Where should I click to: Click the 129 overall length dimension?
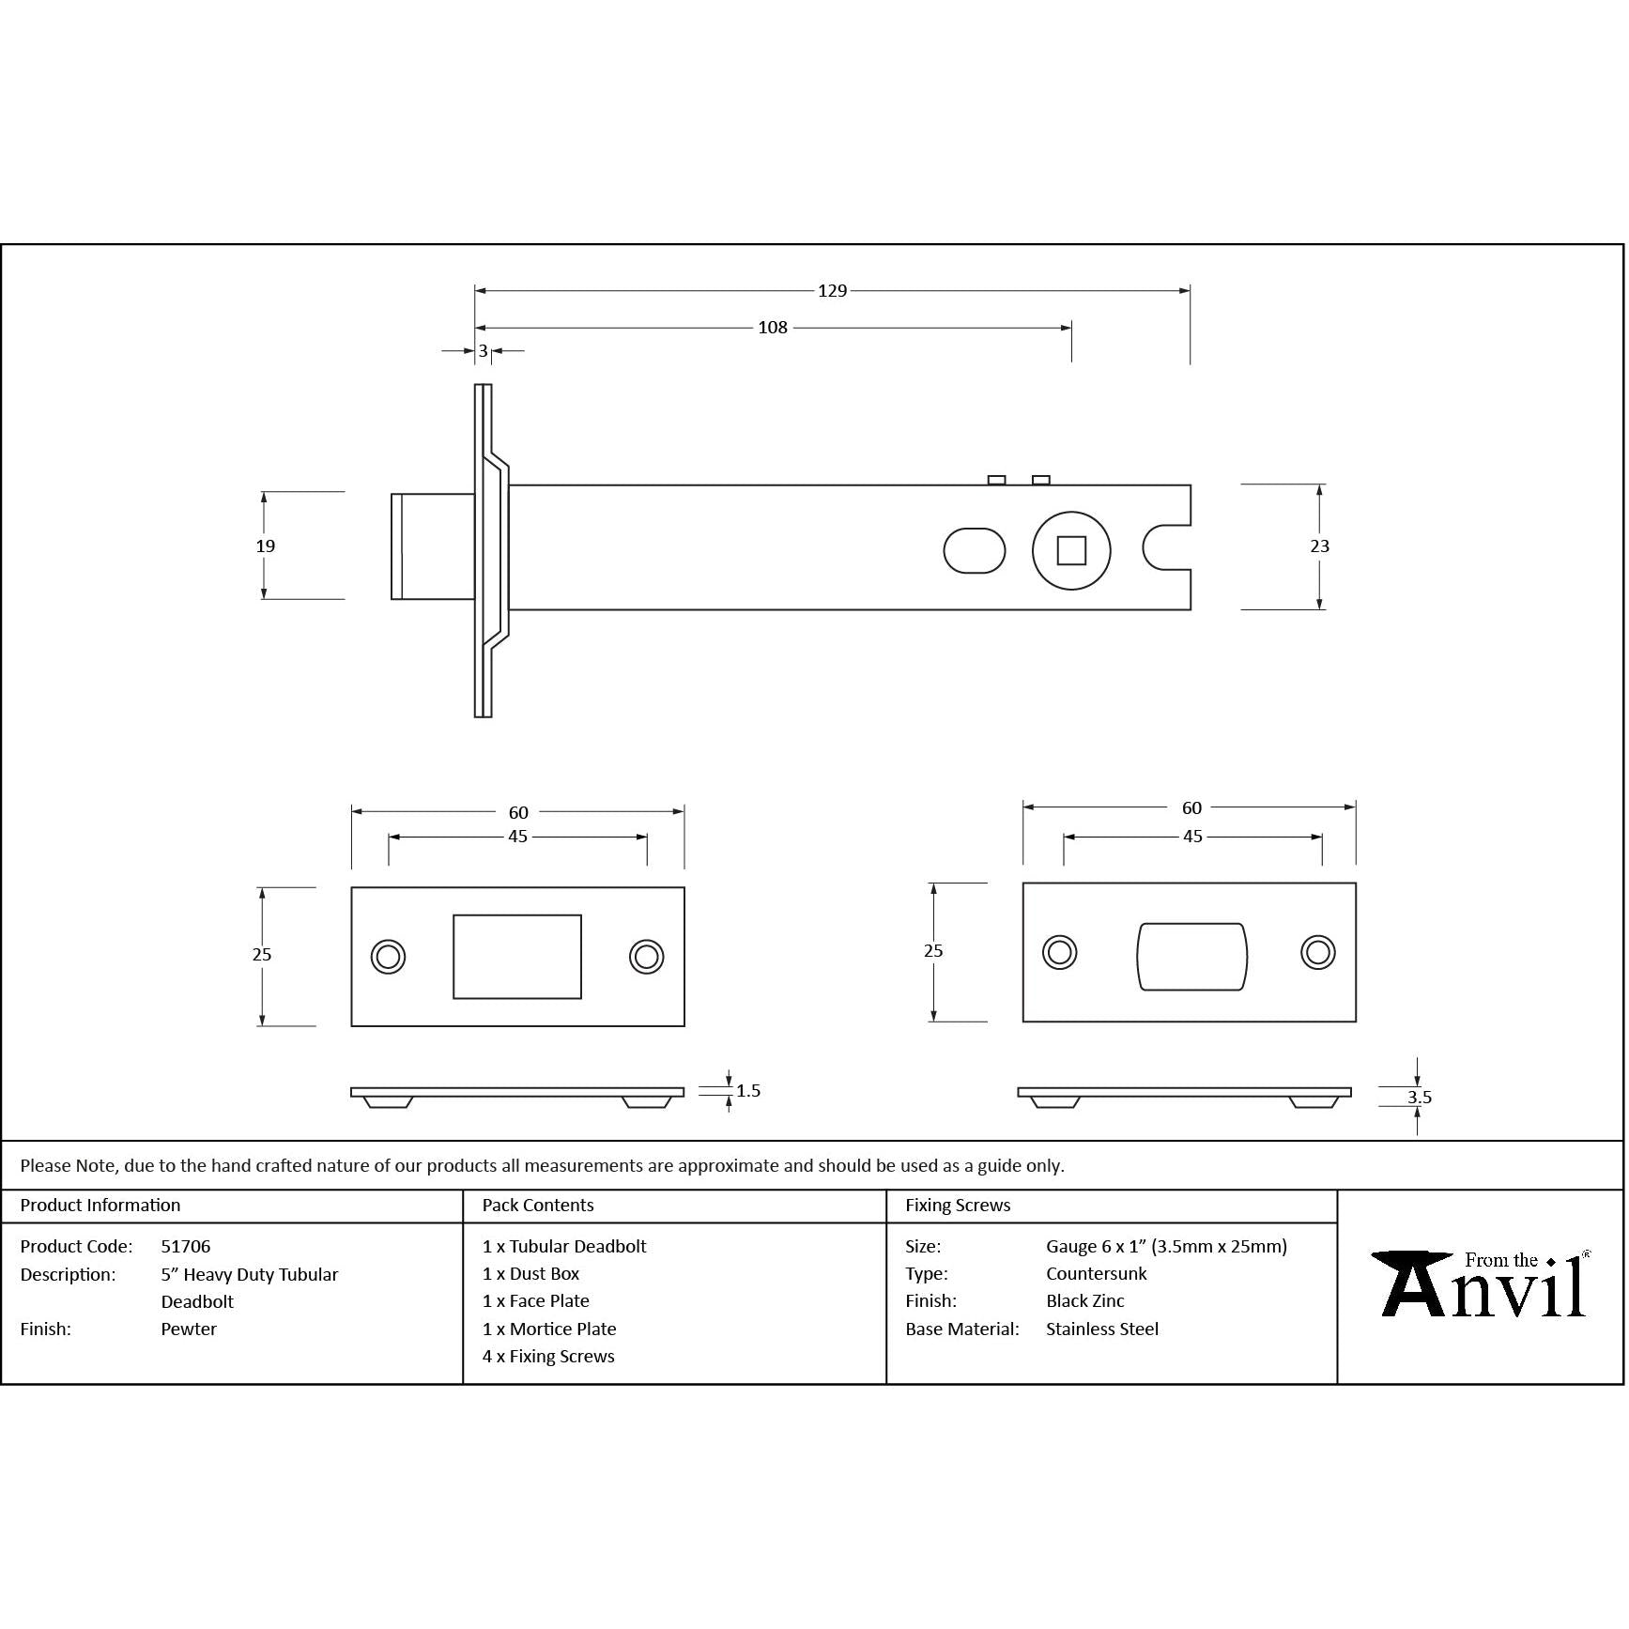832,291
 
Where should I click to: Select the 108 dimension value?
773,328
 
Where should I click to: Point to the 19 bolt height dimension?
265,546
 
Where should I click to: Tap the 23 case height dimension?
1319,546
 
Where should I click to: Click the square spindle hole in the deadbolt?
1071,550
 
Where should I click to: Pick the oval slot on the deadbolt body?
975,550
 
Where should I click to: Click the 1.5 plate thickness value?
748,1090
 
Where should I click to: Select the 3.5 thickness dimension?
1419,1097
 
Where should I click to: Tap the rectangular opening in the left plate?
517,957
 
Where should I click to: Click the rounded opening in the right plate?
1191,956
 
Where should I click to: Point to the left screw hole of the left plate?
388,957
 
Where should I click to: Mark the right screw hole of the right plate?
1318,952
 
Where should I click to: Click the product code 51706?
186,1247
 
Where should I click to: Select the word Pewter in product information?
189,1329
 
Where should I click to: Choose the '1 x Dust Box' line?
530,1274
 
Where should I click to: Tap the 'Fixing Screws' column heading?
958,1206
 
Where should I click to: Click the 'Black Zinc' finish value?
1085,1301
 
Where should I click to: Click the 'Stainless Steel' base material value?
1102,1329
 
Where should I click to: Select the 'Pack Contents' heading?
538,1206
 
